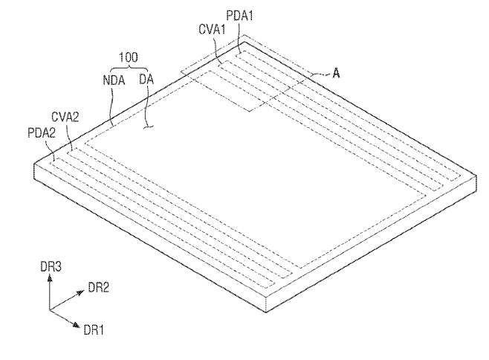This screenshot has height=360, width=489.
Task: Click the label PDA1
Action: point(239,16)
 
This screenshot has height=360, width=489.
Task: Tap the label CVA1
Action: point(212,30)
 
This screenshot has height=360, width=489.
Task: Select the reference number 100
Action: point(128,57)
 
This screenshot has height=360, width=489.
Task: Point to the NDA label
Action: point(114,80)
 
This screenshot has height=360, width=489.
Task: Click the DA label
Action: point(146,80)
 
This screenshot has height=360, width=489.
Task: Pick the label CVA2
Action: point(65,117)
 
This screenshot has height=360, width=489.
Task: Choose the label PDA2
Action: point(42,133)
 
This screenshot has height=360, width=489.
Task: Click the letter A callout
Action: point(336,74)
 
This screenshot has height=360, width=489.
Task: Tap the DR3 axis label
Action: point(51,267)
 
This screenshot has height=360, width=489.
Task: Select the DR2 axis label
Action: point(99,288)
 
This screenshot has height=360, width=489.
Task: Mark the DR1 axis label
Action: point(93,330)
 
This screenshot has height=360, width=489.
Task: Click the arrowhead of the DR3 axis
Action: point(50,277)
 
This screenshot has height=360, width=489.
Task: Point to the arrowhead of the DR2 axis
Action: point(80,292)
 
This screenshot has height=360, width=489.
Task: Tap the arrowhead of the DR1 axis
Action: point(76,324)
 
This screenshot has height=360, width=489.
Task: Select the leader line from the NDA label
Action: point(111,106)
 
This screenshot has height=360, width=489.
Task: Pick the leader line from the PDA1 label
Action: point(239,37)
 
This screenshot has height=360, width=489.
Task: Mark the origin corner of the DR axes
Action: point(50,310)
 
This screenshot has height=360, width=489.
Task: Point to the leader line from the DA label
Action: point(148,106)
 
